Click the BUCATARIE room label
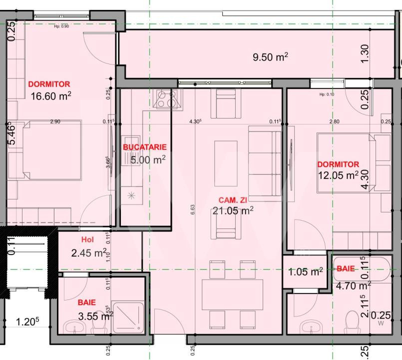pos(145,147)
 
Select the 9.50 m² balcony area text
pos(270,57)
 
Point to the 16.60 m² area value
pos(50,95)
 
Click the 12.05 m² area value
pos(338,175)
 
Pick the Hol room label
pos(87,240)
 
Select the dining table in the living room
pos(232,294)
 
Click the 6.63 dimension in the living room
pos(193,207)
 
